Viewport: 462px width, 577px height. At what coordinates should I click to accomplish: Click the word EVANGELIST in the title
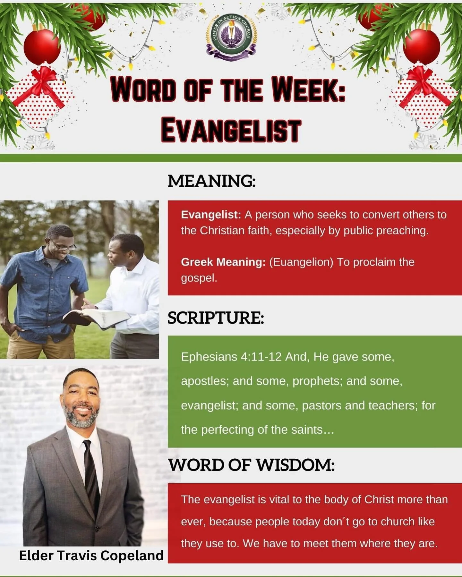[x=231, y=130]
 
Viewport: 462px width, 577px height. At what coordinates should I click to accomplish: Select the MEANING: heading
[x=212, y=181]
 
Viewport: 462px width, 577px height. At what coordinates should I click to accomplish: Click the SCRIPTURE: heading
[x=216, y=318]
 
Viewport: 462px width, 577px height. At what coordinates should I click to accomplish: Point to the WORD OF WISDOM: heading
[x=252, y=465]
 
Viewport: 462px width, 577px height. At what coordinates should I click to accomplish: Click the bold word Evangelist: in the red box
[x=211, y=215]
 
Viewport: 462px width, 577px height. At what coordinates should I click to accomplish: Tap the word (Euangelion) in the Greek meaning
[x=301, y=262]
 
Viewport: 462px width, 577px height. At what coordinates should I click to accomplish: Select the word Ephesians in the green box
[x=209, y=357]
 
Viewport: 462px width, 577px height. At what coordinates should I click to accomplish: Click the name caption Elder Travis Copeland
[x=91, y=556]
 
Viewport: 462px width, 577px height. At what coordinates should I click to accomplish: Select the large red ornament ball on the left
[x=42, y=47]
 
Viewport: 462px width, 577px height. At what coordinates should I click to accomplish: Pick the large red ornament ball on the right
[x=421, y=46]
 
